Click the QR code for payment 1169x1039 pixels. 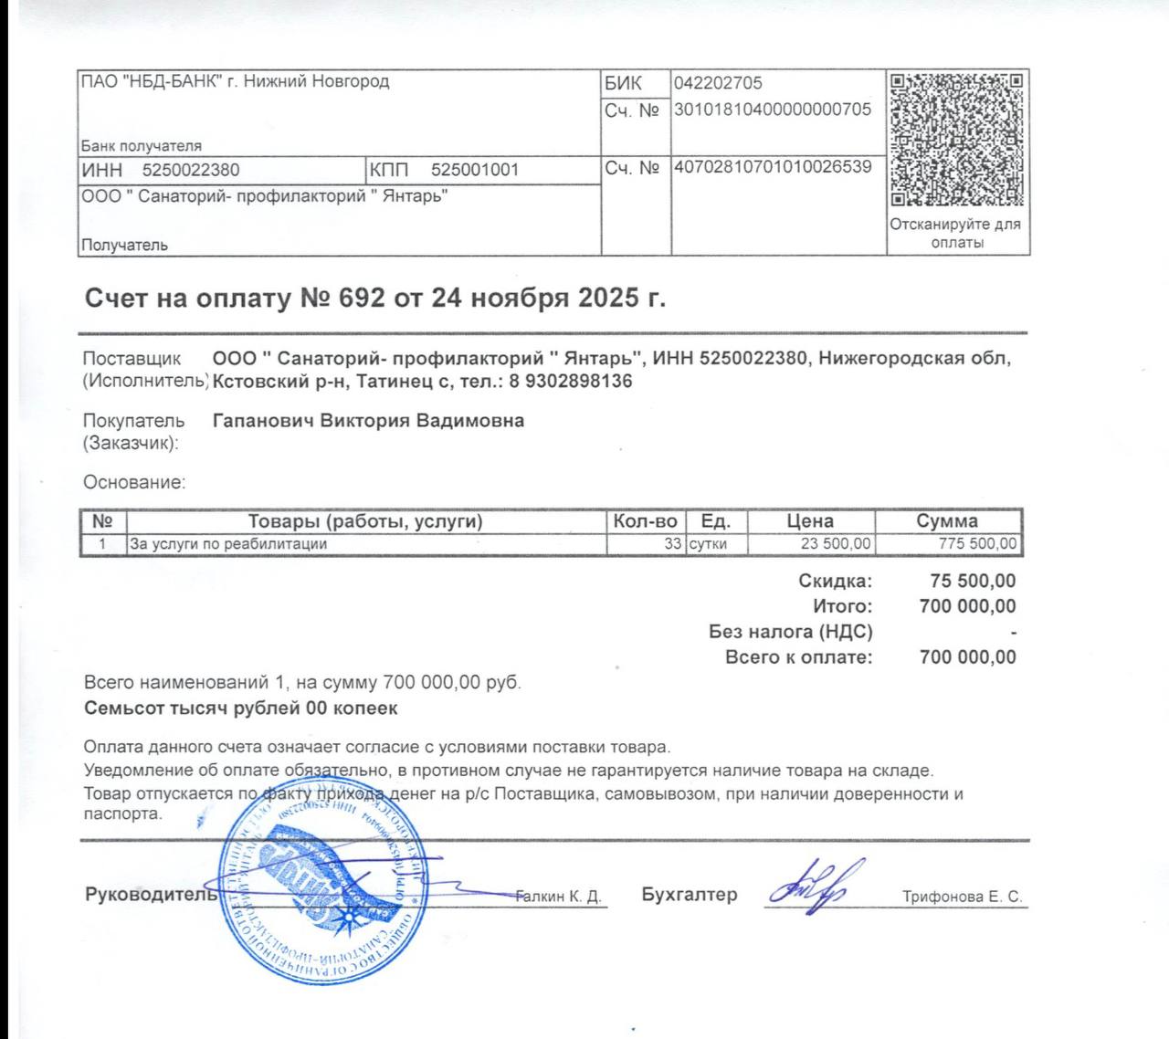click(x=956, y=140)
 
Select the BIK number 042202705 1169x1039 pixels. click(x=718, y=83)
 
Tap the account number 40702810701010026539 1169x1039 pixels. click(x=773, y=167)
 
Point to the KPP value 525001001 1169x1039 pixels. click(x=474, y=170)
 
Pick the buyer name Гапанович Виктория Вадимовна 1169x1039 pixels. click(x=368, y=421)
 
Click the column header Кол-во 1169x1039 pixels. click(x=645, y=521)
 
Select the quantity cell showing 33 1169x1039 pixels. click(x=672, y=544)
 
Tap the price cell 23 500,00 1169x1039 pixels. click(x=836, y=544)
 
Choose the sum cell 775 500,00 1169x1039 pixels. click(x=977, y=544)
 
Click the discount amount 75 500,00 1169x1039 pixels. click(x=973, y=581)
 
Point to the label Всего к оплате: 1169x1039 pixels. click(x=798, y=656)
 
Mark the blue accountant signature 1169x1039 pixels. click(x=809, y=885)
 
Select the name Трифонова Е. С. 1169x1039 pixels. click(x=962, y=897)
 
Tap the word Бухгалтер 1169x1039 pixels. click(x=689, y=895)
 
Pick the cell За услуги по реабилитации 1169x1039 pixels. click(x=228, y=544)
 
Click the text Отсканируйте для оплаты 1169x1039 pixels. click(x=956, y=233)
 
